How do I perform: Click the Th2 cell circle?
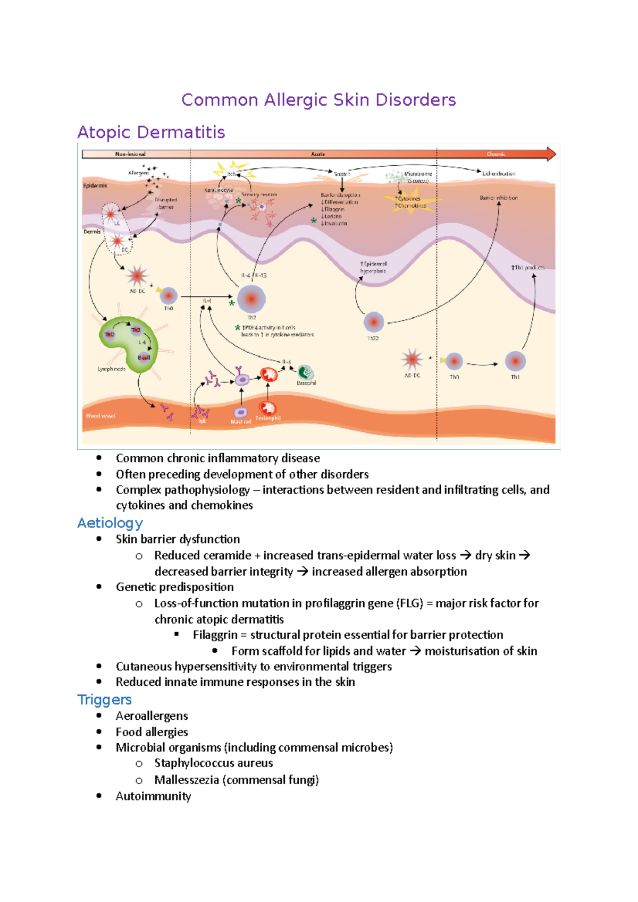point(251,299)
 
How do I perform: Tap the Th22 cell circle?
point(374,322)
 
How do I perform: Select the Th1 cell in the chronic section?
point(515,361)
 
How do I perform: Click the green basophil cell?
point(306,372)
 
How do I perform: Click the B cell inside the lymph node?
point(144,358)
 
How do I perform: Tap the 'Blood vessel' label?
point(100,416)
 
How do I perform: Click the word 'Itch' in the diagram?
point(232,174)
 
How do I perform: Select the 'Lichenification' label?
point(499,174)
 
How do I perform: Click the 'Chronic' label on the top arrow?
point(496,154)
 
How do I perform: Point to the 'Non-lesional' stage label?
point(130,154)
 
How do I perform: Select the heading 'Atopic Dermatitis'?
point(151,132)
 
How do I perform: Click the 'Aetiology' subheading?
point(110,523)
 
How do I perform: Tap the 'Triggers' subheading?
point(104,700)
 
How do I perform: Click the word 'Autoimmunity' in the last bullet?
point(153,796)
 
